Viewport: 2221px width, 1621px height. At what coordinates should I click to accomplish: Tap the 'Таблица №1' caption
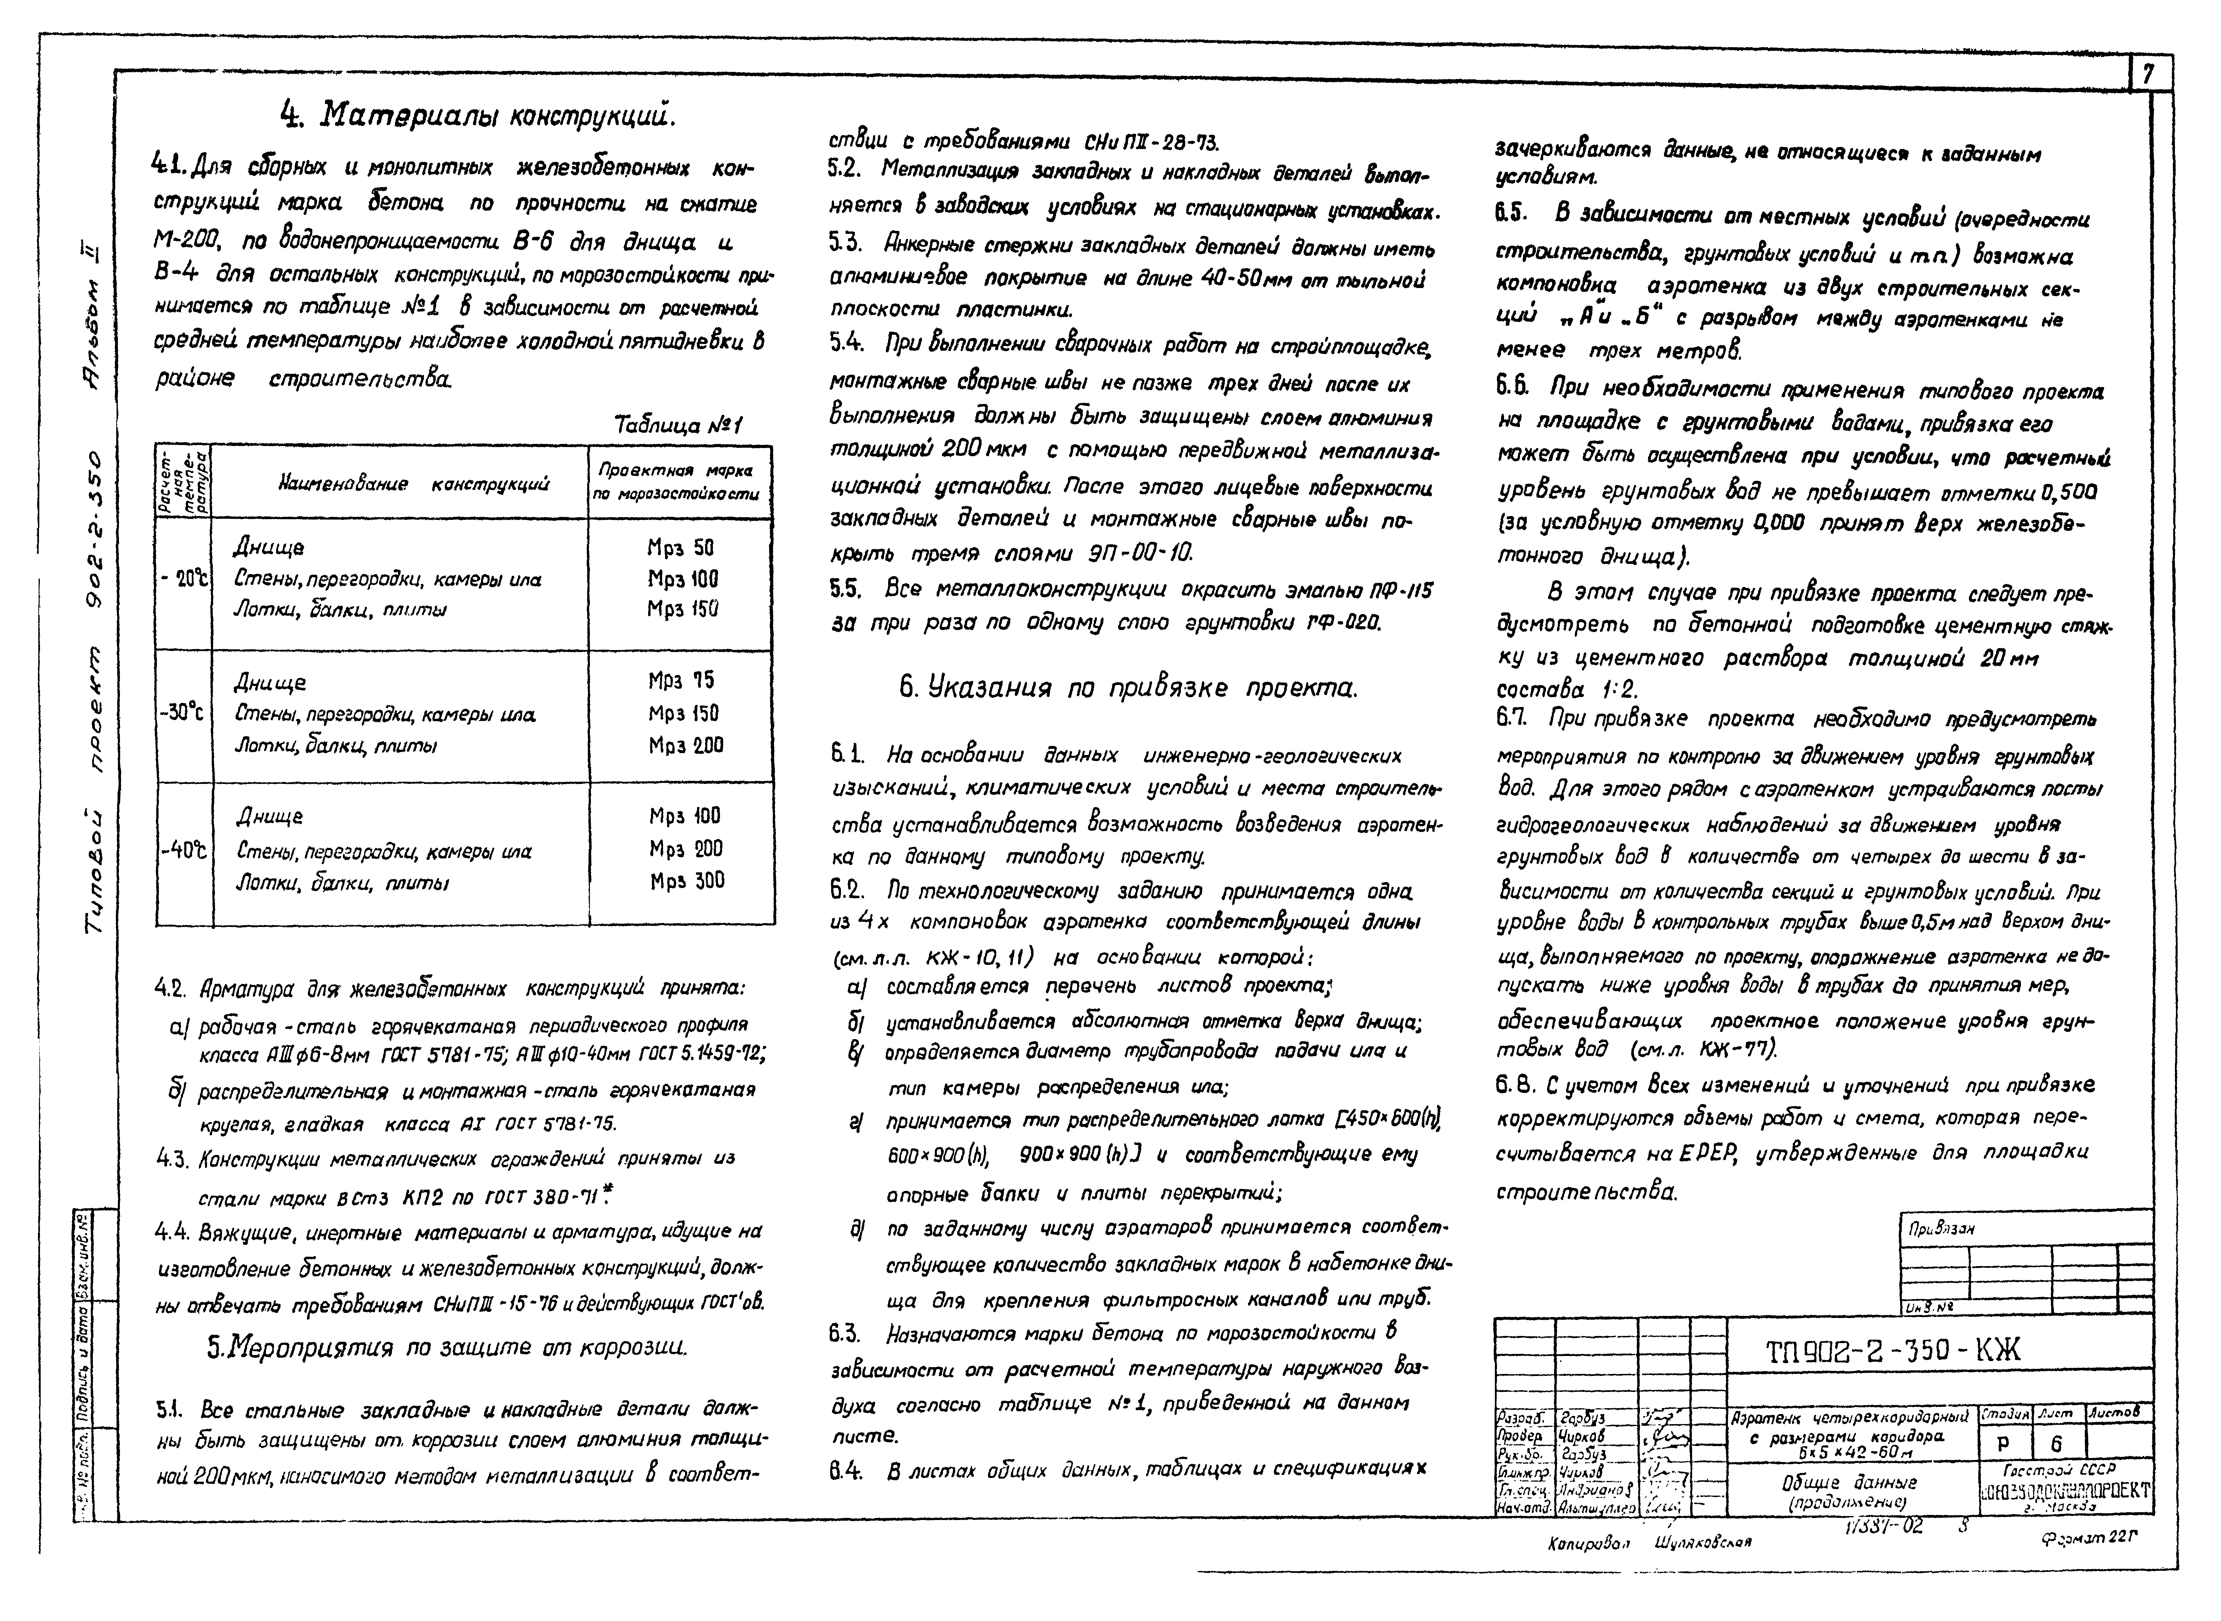pos(678,425)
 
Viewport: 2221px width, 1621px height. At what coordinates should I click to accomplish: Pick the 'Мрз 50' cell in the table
pos(681,548)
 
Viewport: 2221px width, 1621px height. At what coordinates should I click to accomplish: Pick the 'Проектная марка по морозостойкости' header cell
pos(680,482)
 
